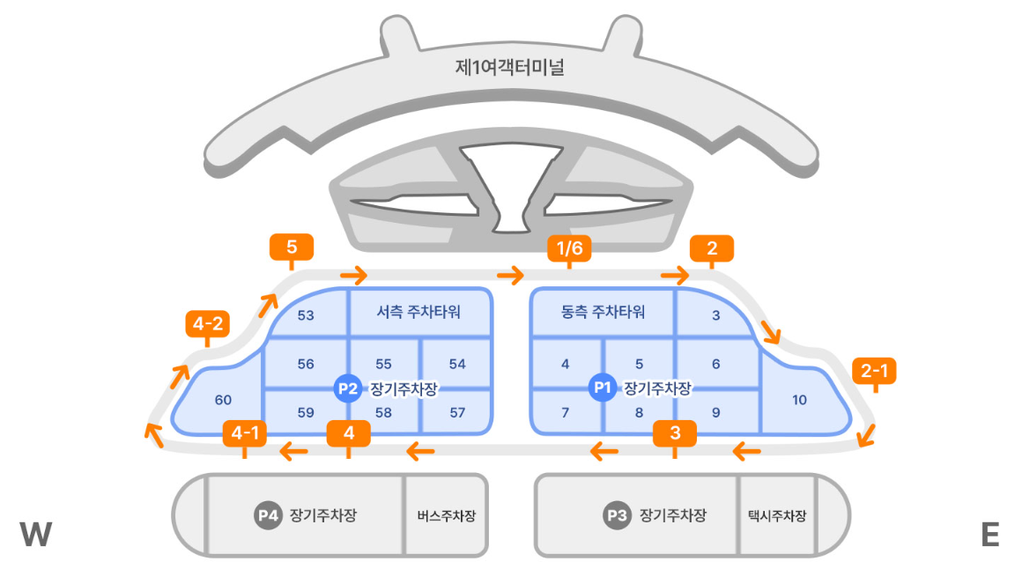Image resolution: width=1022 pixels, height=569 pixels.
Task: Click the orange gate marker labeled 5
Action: click(292, 248)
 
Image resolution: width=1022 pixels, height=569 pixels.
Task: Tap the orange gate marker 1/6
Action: click(568, 249)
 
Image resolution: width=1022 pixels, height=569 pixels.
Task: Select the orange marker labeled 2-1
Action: click(874, 371)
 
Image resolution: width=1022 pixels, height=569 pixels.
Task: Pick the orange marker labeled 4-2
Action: click(208, 324)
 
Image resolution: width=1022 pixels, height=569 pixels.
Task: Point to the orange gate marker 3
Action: click(675, 432)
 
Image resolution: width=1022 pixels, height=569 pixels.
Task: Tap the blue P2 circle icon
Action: click(348, 388)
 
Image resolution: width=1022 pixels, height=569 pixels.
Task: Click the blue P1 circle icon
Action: click(603, 388)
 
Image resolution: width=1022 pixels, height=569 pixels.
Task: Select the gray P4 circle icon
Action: click(268, 515)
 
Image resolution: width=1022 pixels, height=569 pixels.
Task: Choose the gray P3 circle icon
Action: click(617, 515)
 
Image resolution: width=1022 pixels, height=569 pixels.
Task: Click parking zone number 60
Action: click(223, 401)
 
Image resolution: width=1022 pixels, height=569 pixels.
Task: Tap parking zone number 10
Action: click(799, 400)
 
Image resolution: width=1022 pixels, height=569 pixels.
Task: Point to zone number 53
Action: click(306, 315)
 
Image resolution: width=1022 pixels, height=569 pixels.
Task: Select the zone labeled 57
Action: click(457, 412)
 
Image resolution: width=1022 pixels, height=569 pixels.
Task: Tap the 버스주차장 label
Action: click(446, 516)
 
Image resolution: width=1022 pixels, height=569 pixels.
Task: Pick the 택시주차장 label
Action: click(776, 516)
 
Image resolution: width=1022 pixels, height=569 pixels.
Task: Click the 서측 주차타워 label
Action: click(418, 312)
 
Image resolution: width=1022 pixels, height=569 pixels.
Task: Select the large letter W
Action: click(36, 535)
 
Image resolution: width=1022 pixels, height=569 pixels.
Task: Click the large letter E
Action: click(989, 535)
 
